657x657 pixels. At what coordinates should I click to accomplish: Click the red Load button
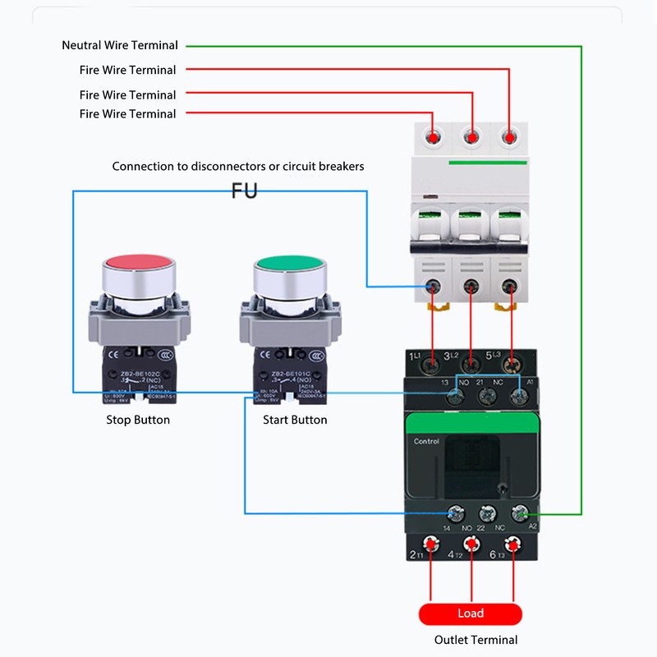coord(471,613)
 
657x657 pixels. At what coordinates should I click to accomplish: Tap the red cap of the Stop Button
coord(139,265)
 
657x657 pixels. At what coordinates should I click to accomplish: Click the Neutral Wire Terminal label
coord(120,45)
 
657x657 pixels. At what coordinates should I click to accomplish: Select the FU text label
coord(244,191)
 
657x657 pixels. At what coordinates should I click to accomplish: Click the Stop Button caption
coord(138,420)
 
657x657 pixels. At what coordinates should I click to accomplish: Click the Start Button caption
coord(295,420)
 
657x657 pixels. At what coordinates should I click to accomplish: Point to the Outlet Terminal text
coord(476,640)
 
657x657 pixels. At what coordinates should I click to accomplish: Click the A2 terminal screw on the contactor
coord(519,514)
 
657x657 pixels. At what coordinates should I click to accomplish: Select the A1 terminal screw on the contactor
coord(518,396)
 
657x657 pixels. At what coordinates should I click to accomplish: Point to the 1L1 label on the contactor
coord(415,356)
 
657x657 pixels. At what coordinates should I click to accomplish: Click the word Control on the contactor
coord(427,441)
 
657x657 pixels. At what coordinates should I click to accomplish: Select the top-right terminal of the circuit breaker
coord(510,136)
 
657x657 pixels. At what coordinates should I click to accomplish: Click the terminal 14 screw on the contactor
coord(447,514)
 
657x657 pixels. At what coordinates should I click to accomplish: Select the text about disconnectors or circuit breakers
coord(238,166)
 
